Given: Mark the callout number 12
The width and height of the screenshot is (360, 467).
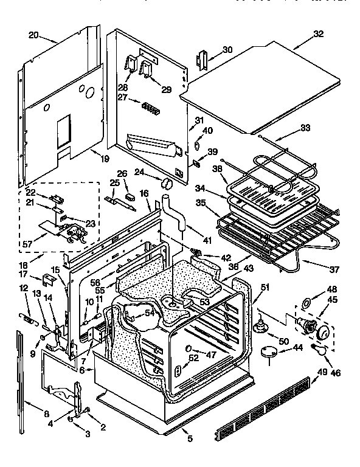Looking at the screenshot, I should click(x=24, y=288).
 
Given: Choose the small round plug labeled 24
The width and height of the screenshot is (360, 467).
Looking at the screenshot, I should click(x=167, y=183).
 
